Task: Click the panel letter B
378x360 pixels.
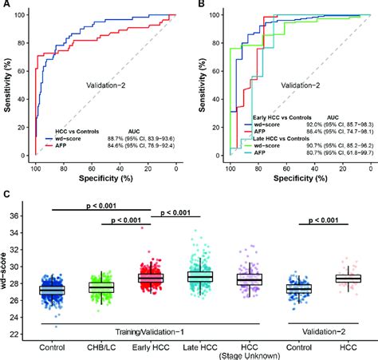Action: (x=199, y=6)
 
